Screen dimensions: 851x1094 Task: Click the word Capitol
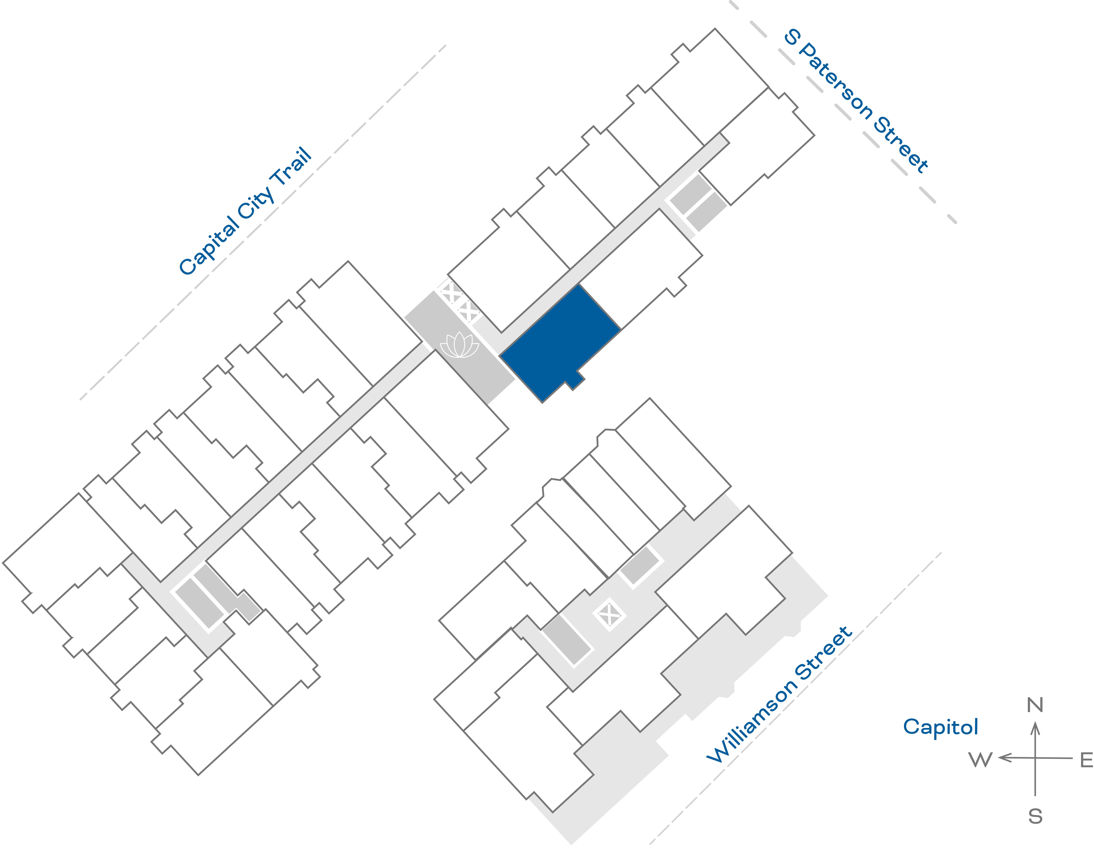tap(940, 727)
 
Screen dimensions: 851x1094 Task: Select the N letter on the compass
tap(1035, 705)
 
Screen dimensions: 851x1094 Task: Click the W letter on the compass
tap(980, 760)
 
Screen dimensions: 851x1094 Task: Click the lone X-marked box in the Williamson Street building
tap(609, 614)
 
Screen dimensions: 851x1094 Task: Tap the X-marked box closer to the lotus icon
tap(469, 311)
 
